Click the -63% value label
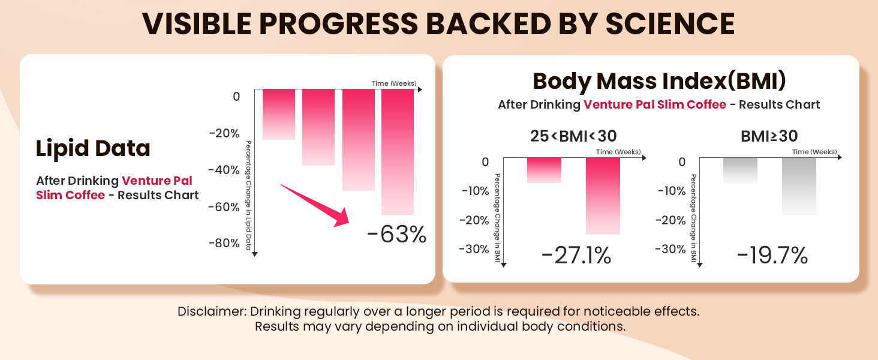(x=396, y=234)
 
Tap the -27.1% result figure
(x=576, y=256)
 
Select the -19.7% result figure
(x=772, y=256)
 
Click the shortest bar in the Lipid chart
(x=279, y=114)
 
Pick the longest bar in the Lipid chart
(x=398, y=151)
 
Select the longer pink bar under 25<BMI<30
(x=603, y=196)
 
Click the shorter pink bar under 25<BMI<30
(x=544, y=170)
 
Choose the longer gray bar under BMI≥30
(x=799, y=186)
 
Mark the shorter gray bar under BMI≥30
(x=739, y=170)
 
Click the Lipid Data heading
(x=93, y=148)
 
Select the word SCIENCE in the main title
(x=670, y=24)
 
